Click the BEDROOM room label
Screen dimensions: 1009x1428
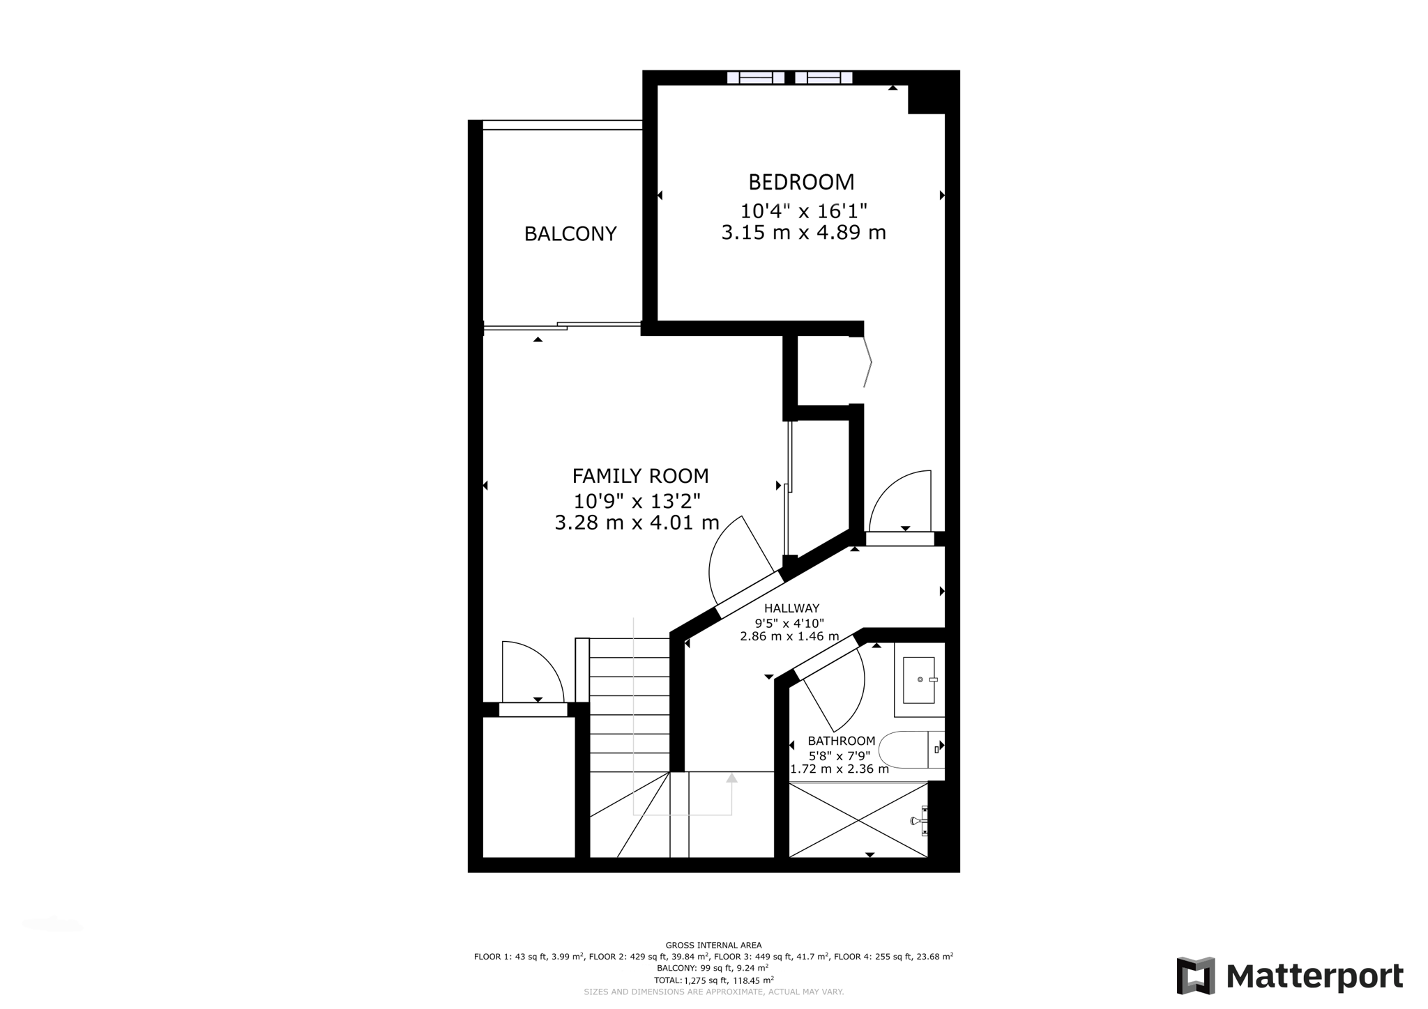(x=801, y=182)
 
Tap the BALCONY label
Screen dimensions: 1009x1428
(x=570, y=233)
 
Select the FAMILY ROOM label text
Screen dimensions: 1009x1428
(x=640, y=476)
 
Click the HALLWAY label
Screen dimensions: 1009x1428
(x=791, y=608)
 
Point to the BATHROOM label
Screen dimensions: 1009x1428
(x=841, y=741)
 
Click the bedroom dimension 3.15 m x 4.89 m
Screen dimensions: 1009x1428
(x=803, y=232)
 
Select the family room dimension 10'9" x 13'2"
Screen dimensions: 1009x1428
(x=637, y=500)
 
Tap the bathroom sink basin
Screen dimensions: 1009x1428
(x=918, y=679)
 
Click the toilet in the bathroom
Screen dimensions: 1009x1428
(x=906, y=750)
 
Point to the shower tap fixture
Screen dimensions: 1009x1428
(x=919, y=820)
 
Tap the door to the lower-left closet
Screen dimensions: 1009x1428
(x=533, y=709)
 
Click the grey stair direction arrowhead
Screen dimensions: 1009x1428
(x=731, y=778)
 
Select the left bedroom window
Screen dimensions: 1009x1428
(x=755, y=77)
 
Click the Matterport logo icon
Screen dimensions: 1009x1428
(x=1195, y=976)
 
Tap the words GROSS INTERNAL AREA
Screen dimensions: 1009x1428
(x=713, y=945)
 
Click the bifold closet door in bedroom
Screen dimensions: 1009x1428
(x=867, y=362)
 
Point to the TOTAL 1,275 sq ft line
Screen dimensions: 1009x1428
(x=713, y=980)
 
